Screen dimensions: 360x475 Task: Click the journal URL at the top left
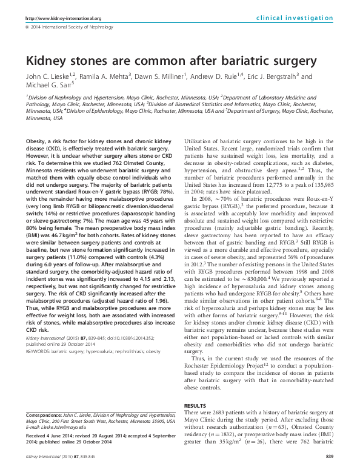tap(63, 18)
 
